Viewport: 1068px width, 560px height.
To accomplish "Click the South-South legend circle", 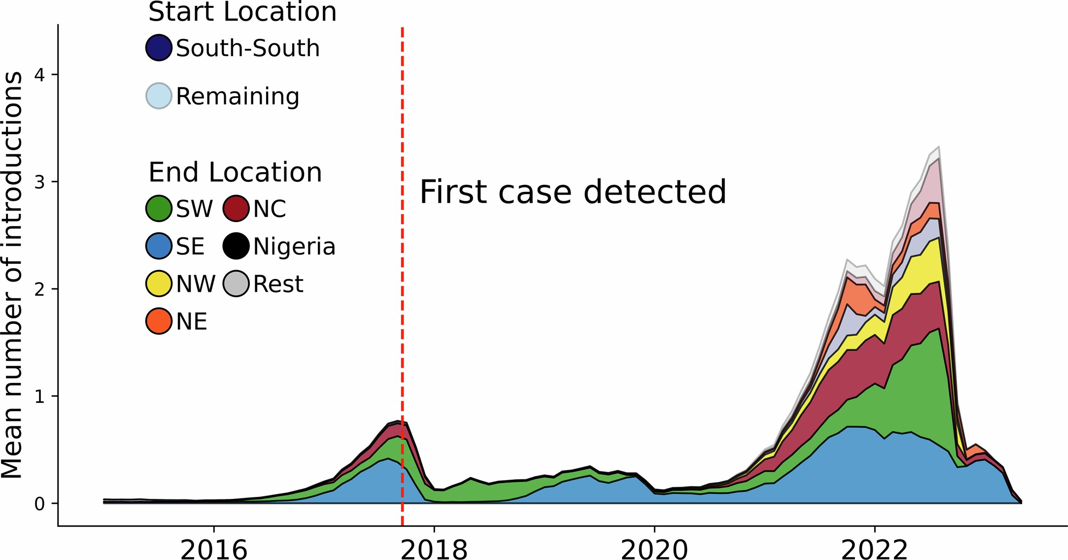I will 159,48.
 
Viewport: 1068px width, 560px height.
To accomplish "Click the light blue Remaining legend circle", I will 159,96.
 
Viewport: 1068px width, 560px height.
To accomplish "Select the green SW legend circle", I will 159,208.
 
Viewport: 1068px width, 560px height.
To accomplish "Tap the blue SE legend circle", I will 159,246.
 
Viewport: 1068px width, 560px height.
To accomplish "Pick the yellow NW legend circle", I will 159,283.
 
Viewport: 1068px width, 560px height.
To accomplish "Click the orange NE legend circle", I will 159,321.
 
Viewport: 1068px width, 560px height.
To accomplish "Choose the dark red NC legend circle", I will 236,208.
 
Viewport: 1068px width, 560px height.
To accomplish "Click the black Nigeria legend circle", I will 236,246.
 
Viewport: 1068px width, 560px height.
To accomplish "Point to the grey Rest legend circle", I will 236,283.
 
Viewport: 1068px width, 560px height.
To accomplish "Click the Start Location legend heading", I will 242,12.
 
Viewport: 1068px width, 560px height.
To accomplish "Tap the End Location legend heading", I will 235,173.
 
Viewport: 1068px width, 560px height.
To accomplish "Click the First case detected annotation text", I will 573,192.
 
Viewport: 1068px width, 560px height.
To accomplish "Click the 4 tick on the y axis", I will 39,75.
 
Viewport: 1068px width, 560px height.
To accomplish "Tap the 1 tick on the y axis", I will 39,396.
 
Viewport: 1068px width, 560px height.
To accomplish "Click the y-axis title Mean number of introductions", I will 12,275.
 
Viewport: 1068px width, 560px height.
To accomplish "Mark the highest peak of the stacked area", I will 939,147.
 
